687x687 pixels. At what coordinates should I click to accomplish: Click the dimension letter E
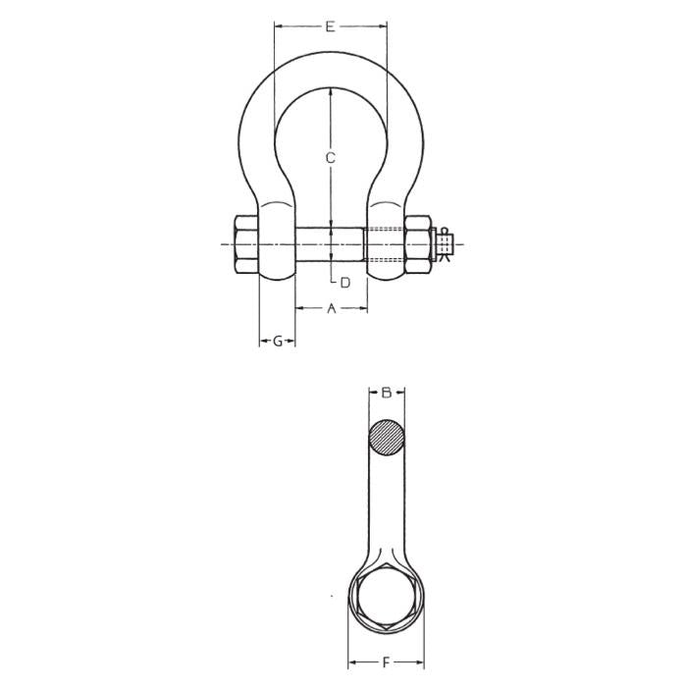tap(331, 26)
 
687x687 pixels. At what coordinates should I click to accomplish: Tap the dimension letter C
tap(331, 157)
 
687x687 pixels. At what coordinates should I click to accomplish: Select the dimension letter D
tap(345, 283)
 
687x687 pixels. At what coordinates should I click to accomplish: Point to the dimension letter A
tap(332, 308)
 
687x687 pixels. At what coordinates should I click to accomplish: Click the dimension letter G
tap(278, 341)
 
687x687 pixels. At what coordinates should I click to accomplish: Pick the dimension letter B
tap(387, 393)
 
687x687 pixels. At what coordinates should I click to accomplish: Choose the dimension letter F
tap(386, 662)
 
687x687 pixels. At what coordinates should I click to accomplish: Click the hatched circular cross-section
tap(387, 438)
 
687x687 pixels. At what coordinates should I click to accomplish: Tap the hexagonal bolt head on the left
tap(246, 244)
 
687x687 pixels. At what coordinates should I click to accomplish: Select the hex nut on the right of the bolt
tap(417, 244)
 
